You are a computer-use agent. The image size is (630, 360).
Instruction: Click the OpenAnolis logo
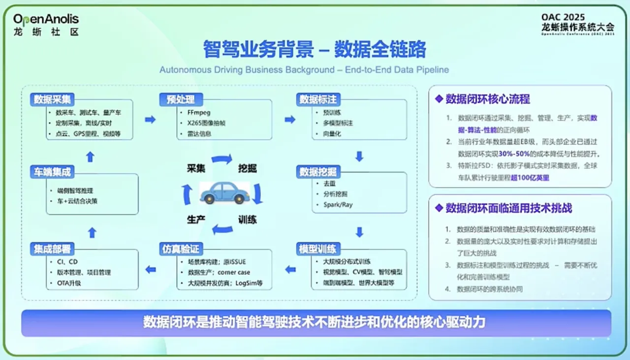click(x=46, y=24)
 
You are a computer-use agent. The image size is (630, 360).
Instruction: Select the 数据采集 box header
click(x=53, y=99)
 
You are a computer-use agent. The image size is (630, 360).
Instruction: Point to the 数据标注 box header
click(x=318, y=99)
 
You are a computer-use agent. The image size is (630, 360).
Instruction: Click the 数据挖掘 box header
click(x=318, y=171)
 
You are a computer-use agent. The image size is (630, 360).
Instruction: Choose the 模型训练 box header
click(x=318, y=249)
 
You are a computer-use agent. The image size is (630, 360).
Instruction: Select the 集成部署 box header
click(x=53, y=249)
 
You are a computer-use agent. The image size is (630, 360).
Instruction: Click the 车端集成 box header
click(x=53, y=172)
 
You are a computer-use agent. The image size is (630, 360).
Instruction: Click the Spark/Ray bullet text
click(x=338, y=204)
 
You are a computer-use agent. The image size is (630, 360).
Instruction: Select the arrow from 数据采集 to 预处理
click(x=150, y=120)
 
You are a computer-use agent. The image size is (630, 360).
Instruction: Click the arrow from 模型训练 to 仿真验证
click(x=290, y=269)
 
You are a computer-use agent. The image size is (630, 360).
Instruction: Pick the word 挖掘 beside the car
click(x=248, y=168)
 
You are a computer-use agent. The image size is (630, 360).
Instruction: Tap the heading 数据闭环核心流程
click(x=488, y=99)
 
